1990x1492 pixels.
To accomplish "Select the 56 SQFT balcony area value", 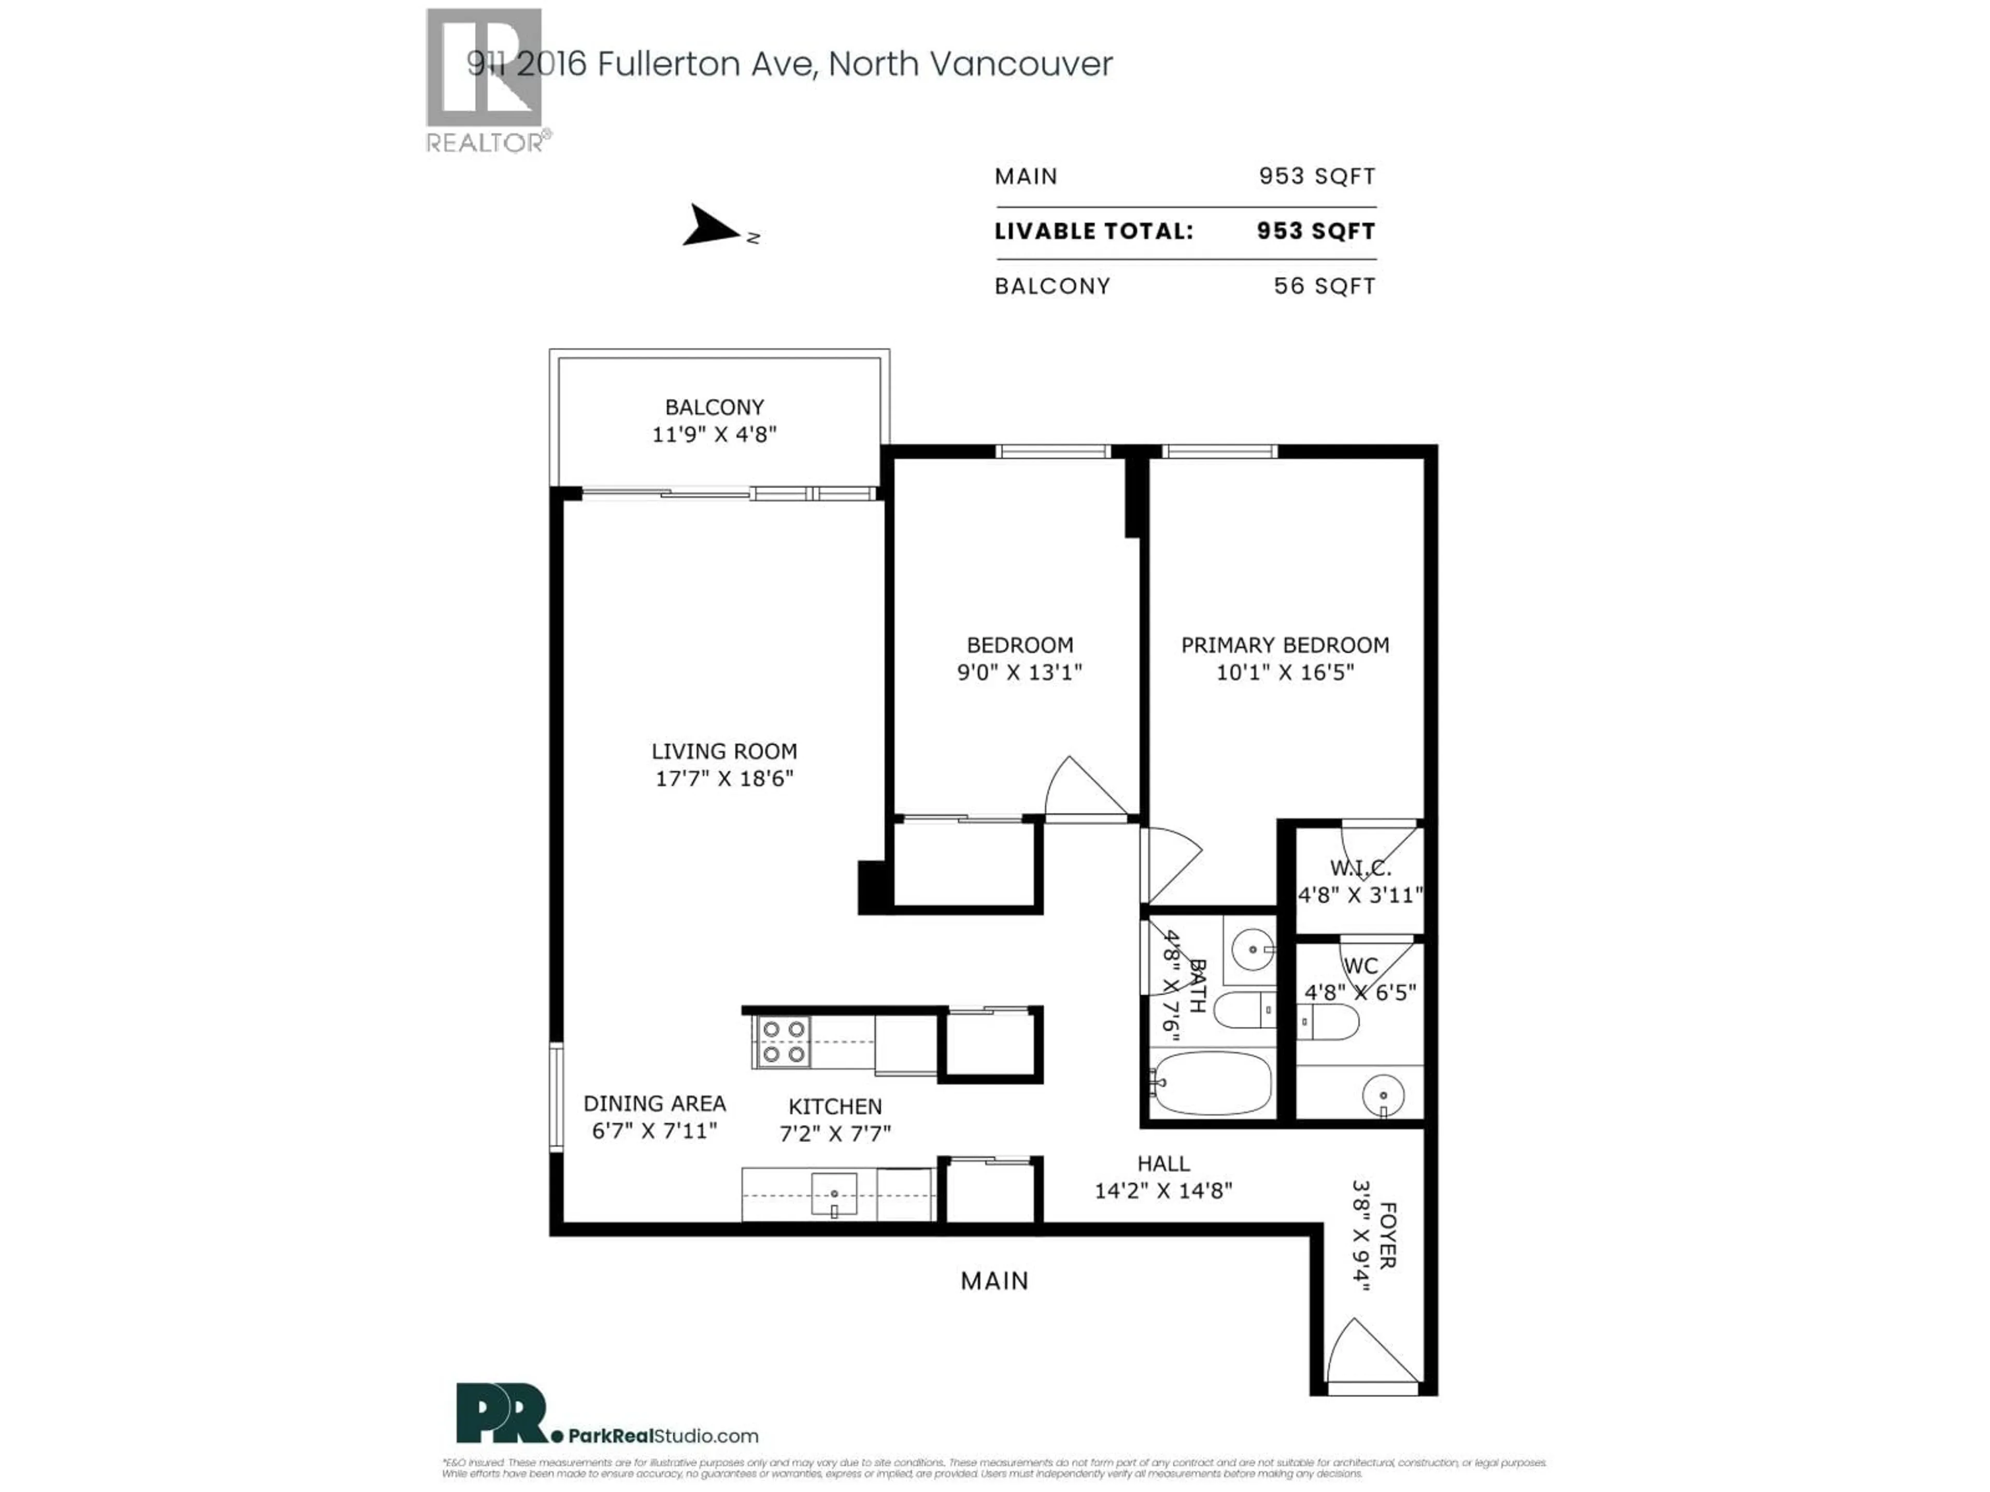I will pos(1324,286).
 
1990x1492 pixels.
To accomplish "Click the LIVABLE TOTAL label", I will pos(1093,231).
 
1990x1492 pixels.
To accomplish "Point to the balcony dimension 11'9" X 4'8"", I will pos(714,434).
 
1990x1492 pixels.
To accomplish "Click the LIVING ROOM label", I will pos(723,751).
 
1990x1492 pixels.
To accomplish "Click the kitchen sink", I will pos(834,1194).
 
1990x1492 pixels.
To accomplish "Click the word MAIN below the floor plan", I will pos(993,1281).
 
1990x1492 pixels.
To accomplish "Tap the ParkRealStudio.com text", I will pos(663,1436).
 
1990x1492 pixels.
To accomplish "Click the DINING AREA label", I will pos(654,1103).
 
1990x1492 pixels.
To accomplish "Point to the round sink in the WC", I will pos(1383,1095).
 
